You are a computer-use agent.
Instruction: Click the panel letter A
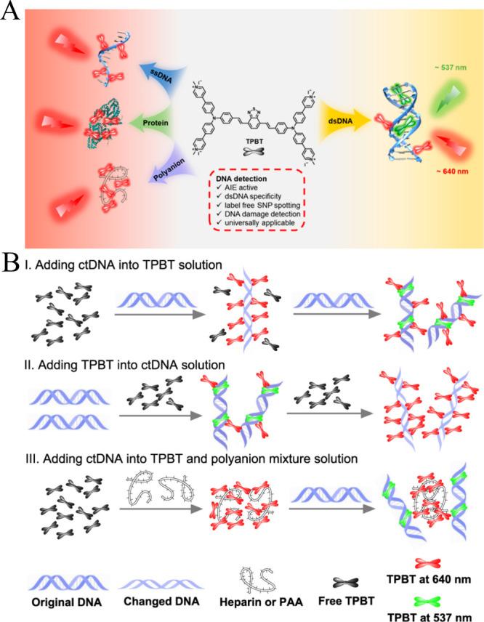point(12,14)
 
